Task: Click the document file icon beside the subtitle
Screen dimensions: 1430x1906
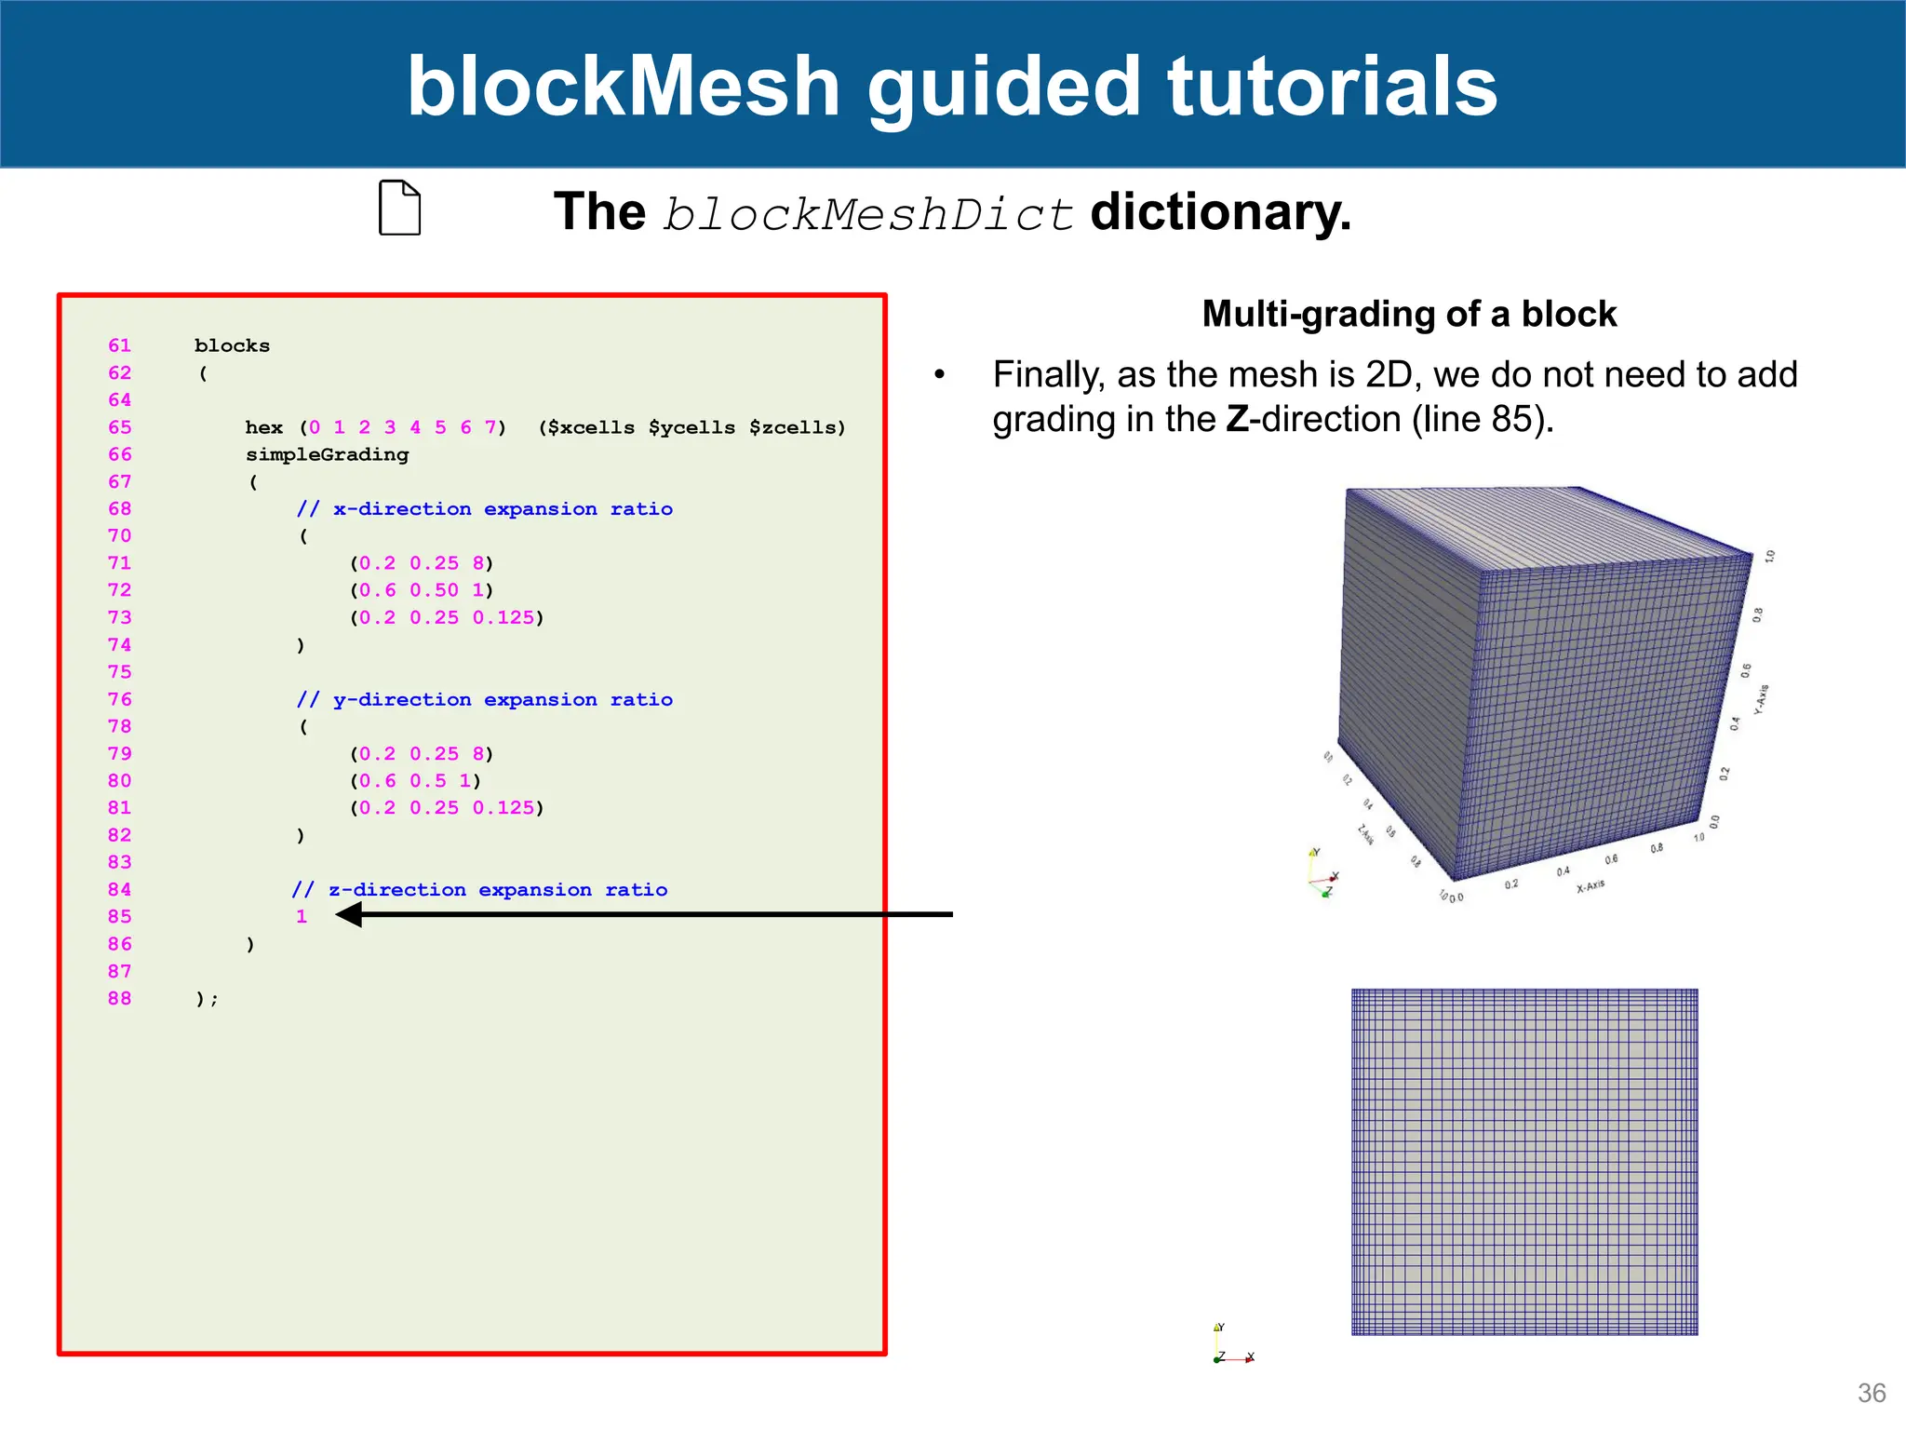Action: (x=400, y=208)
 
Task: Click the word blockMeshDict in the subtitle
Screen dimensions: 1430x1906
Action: (x=868, y=214)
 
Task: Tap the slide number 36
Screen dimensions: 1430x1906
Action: (x=1871, y=1393)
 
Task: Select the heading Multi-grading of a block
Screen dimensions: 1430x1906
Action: (x=1409, y=315)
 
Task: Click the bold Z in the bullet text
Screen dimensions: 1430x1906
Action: (x=1237, y=419)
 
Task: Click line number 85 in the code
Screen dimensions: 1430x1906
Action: (x=120, y=916)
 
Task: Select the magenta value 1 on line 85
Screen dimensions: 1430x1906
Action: (x=302, y=916)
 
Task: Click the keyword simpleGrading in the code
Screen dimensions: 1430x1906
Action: (x=327, y=454)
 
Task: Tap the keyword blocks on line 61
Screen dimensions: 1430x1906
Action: (x=232, y=345)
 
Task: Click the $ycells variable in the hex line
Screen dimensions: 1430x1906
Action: (x=691, y=427)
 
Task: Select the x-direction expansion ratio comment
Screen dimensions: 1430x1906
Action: (x=484, y=509)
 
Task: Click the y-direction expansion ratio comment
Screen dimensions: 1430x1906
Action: (x=484, y=699)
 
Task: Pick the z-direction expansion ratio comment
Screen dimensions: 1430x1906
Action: (x=479, y=890)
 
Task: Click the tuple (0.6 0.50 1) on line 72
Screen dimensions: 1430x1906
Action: (x=422, y=590)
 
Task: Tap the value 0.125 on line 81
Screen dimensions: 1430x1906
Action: (x=503, y=808)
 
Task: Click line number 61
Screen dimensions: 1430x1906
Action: (x=120, y=345)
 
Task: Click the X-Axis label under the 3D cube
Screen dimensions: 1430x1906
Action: (x=1591, y=885)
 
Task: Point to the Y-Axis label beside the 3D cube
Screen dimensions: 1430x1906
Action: (x=1761, y=699)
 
